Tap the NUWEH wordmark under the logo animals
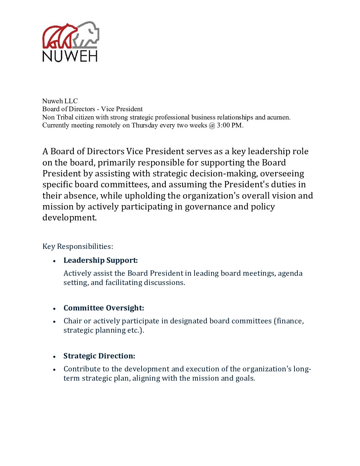pyautogui.click(x=70, y=56)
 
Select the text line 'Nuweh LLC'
pyautogui.click(x=60, y=101)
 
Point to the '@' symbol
pyautogui.click(x=212, y=125)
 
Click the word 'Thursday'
pyautogui.click(x=145, y=125)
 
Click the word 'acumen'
pyautogui.click(x=278, y=117)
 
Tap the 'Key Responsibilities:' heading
pyautogui.click(x=78, y=247)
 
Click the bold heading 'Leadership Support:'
pyautogui.click(x=101, y=260)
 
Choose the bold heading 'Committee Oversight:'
pyautogui.click(x=104, y=308)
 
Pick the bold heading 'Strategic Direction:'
pyautogui.click(x=99, y=356)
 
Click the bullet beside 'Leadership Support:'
pyautogui.click(x=54, y=261)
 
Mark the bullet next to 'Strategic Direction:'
pyautogui.click(x=54, y=357)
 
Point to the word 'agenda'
pyautogui.click(x=290, y=273)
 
